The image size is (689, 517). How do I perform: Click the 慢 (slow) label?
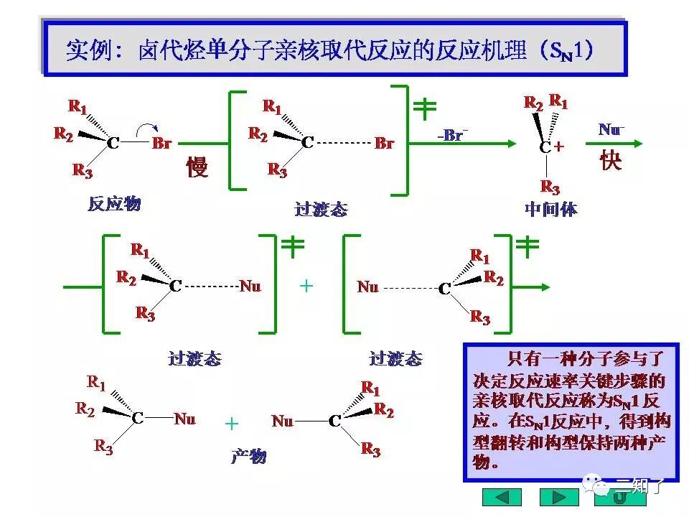197,167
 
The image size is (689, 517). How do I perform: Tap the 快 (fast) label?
610,159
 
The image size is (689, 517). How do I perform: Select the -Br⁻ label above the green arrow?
452,134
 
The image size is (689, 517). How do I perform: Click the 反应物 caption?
114,204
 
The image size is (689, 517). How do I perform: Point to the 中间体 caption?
550,209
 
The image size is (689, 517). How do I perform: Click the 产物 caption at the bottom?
248,456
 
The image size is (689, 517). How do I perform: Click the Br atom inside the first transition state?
384,144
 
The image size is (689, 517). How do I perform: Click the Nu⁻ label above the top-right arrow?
611,129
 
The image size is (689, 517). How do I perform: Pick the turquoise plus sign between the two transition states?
306,286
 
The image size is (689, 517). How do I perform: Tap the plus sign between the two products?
231,424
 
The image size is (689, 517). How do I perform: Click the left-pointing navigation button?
502,497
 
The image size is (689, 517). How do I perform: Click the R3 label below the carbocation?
550,187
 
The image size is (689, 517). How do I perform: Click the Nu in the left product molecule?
184,419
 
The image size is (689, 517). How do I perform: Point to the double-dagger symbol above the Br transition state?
424,108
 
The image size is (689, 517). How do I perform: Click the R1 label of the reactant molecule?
78,107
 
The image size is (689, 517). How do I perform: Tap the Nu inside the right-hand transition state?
367,287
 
